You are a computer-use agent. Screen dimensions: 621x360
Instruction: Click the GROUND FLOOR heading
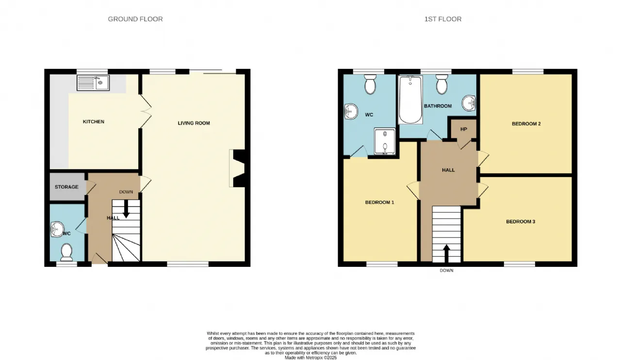click(135, 19)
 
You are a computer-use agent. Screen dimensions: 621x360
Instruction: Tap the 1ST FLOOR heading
click(443, 19)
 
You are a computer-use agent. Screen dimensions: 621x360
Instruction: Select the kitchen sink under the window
click(93, 82)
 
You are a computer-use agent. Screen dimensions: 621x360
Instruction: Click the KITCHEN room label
click(94, 121)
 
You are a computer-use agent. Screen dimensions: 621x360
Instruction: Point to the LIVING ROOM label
click(194, 123)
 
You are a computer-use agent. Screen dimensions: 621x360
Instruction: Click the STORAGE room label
click(66, 187)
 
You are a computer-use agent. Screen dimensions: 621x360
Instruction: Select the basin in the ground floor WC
click(57, 229)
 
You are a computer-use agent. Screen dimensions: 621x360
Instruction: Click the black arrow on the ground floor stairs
click(126, 209)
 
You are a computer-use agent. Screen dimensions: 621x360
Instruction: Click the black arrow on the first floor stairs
click(446, 253)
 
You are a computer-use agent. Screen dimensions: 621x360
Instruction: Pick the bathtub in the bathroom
click(410, 100)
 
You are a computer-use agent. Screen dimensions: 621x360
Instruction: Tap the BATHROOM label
click(438, 106)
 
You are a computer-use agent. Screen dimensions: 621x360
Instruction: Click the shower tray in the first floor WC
click(385, 141)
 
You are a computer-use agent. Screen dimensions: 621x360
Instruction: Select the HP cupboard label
click(463, 129)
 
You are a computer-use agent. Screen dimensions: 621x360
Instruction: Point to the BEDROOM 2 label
click(526, 124)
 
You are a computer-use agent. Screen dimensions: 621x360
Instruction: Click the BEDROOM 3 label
click(521, 222)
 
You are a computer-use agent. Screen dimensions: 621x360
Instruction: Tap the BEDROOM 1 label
click(379, 202)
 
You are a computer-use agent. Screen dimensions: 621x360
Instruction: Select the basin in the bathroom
click(469, 103)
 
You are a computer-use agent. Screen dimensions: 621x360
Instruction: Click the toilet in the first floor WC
click(370, 84)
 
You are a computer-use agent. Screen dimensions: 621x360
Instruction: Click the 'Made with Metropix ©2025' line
click(311, 358)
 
